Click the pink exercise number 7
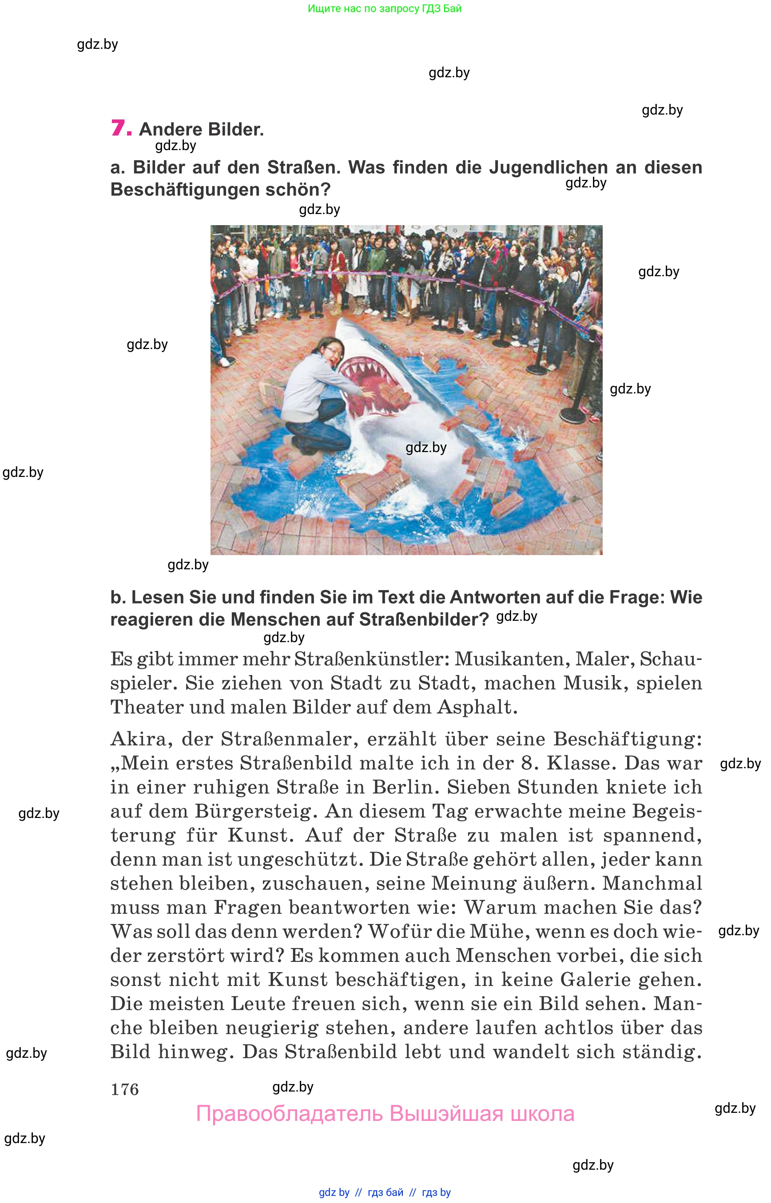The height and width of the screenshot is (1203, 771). (x=121, y=128)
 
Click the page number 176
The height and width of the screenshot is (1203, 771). (x=125, y=1089)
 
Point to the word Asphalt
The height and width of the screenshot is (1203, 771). (x=477, y=707)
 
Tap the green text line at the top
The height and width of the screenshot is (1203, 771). (x=385, y=8)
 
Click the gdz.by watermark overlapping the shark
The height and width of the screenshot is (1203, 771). (x=425, y=448)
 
